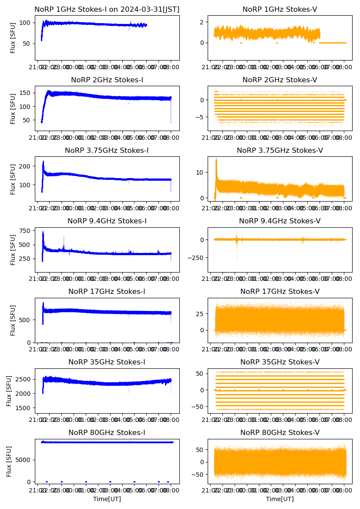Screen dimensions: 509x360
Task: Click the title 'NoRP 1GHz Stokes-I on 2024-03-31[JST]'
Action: (x=107, y=9)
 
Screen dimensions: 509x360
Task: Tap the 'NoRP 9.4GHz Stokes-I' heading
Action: (x=107, y=221)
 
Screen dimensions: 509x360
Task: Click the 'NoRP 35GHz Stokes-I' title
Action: (x=107, y=362)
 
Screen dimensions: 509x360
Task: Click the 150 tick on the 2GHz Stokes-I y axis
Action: (x=27, y=93)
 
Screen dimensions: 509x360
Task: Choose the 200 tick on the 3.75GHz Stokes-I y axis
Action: (x=27, y=166)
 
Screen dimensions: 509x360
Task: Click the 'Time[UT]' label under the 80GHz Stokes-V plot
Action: (x=279, y=499)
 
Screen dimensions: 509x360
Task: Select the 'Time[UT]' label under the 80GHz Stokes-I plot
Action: (x=107, y=499)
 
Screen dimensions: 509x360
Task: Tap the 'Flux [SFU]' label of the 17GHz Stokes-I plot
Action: (x=13, y=320)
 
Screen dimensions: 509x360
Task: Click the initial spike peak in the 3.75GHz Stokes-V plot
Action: (x=216, y=160)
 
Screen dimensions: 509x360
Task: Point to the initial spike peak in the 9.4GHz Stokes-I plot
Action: (x=43, y=232)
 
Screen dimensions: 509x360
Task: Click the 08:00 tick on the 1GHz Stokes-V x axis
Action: (x=344, y=68)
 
